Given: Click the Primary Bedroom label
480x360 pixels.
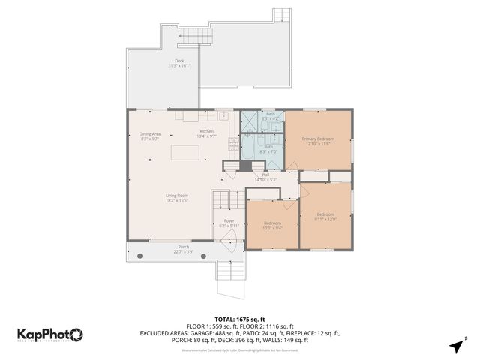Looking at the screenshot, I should (317, 139).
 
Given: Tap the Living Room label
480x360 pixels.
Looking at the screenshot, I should (176, 196).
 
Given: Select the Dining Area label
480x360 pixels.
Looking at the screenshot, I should (150, 134).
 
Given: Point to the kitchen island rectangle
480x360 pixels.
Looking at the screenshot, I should (186, 152).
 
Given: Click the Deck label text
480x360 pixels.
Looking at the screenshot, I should (179, 61).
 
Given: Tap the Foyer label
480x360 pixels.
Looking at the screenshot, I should (229, 221).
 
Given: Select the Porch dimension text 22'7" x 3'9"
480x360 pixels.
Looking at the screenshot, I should (183, 252).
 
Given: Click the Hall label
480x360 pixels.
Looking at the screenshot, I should (265, 175).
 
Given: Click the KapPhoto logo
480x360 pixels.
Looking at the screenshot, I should (50, 334).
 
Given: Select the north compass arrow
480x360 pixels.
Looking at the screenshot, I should (456, 345).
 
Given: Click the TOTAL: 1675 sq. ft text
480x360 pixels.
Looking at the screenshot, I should (239, 319).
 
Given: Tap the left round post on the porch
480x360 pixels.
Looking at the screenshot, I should (139, 256).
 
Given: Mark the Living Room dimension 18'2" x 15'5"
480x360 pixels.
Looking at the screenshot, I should (176, 200).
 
